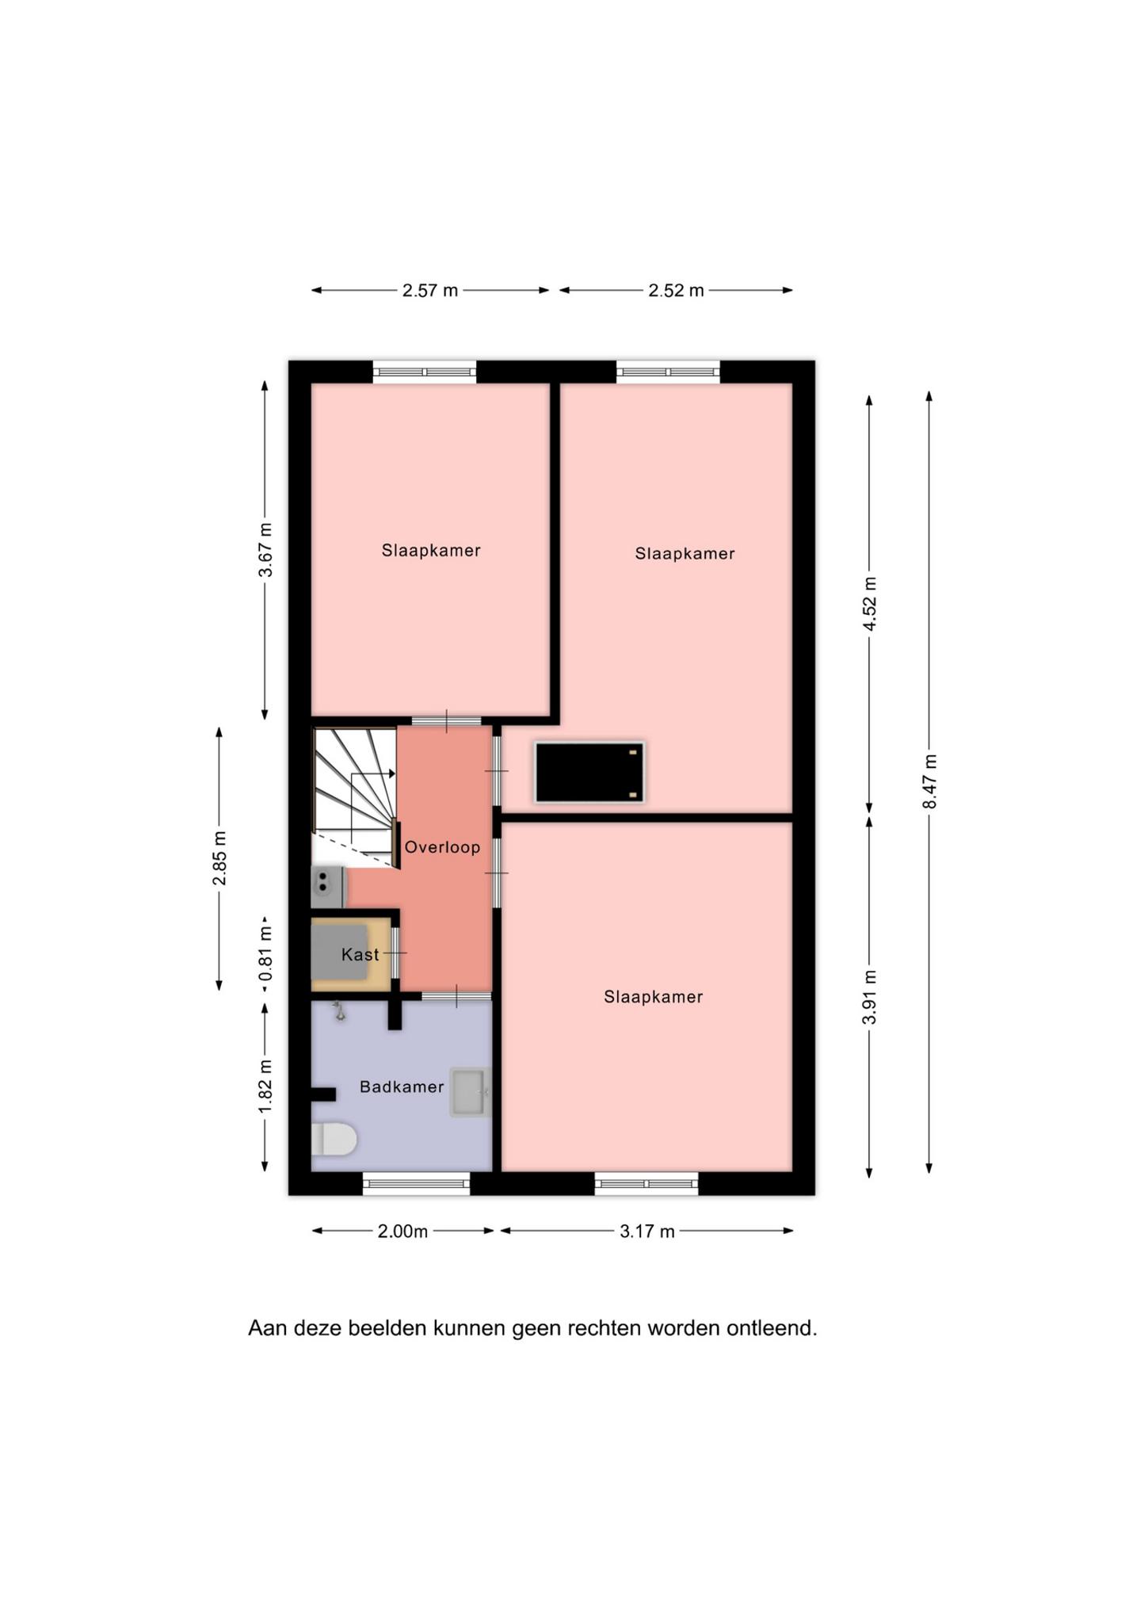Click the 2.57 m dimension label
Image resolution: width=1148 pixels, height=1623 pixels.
coord(430,290)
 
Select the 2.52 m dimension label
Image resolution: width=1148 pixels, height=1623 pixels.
coord(676,290)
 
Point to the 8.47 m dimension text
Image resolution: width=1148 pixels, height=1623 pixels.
coord(929,781)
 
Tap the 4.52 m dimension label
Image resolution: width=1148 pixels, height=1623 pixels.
coord(870,604)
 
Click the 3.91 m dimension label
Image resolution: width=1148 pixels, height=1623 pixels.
coord(870,997)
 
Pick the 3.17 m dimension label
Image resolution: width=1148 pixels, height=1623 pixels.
coord(647,1231)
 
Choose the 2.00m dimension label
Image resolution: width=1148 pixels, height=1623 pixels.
coord(402,1231)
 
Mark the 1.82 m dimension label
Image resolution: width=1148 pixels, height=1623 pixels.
coord(265,1086)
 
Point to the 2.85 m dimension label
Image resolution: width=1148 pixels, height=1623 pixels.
coord(219,858)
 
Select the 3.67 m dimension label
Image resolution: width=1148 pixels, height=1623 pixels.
coord(265,550)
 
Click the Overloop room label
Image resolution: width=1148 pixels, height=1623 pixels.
coord(442,847)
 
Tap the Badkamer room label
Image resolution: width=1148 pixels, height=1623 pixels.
coord(402,1086)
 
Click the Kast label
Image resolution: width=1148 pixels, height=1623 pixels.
coord(360,955)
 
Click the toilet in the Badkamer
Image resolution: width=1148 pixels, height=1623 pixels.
coord(333,1140)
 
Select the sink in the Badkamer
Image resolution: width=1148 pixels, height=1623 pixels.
coord(470,1092)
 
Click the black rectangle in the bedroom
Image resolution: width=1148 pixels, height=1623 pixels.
coord(589,772)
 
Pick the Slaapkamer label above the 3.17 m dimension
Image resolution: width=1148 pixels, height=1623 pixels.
coord(653,997)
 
